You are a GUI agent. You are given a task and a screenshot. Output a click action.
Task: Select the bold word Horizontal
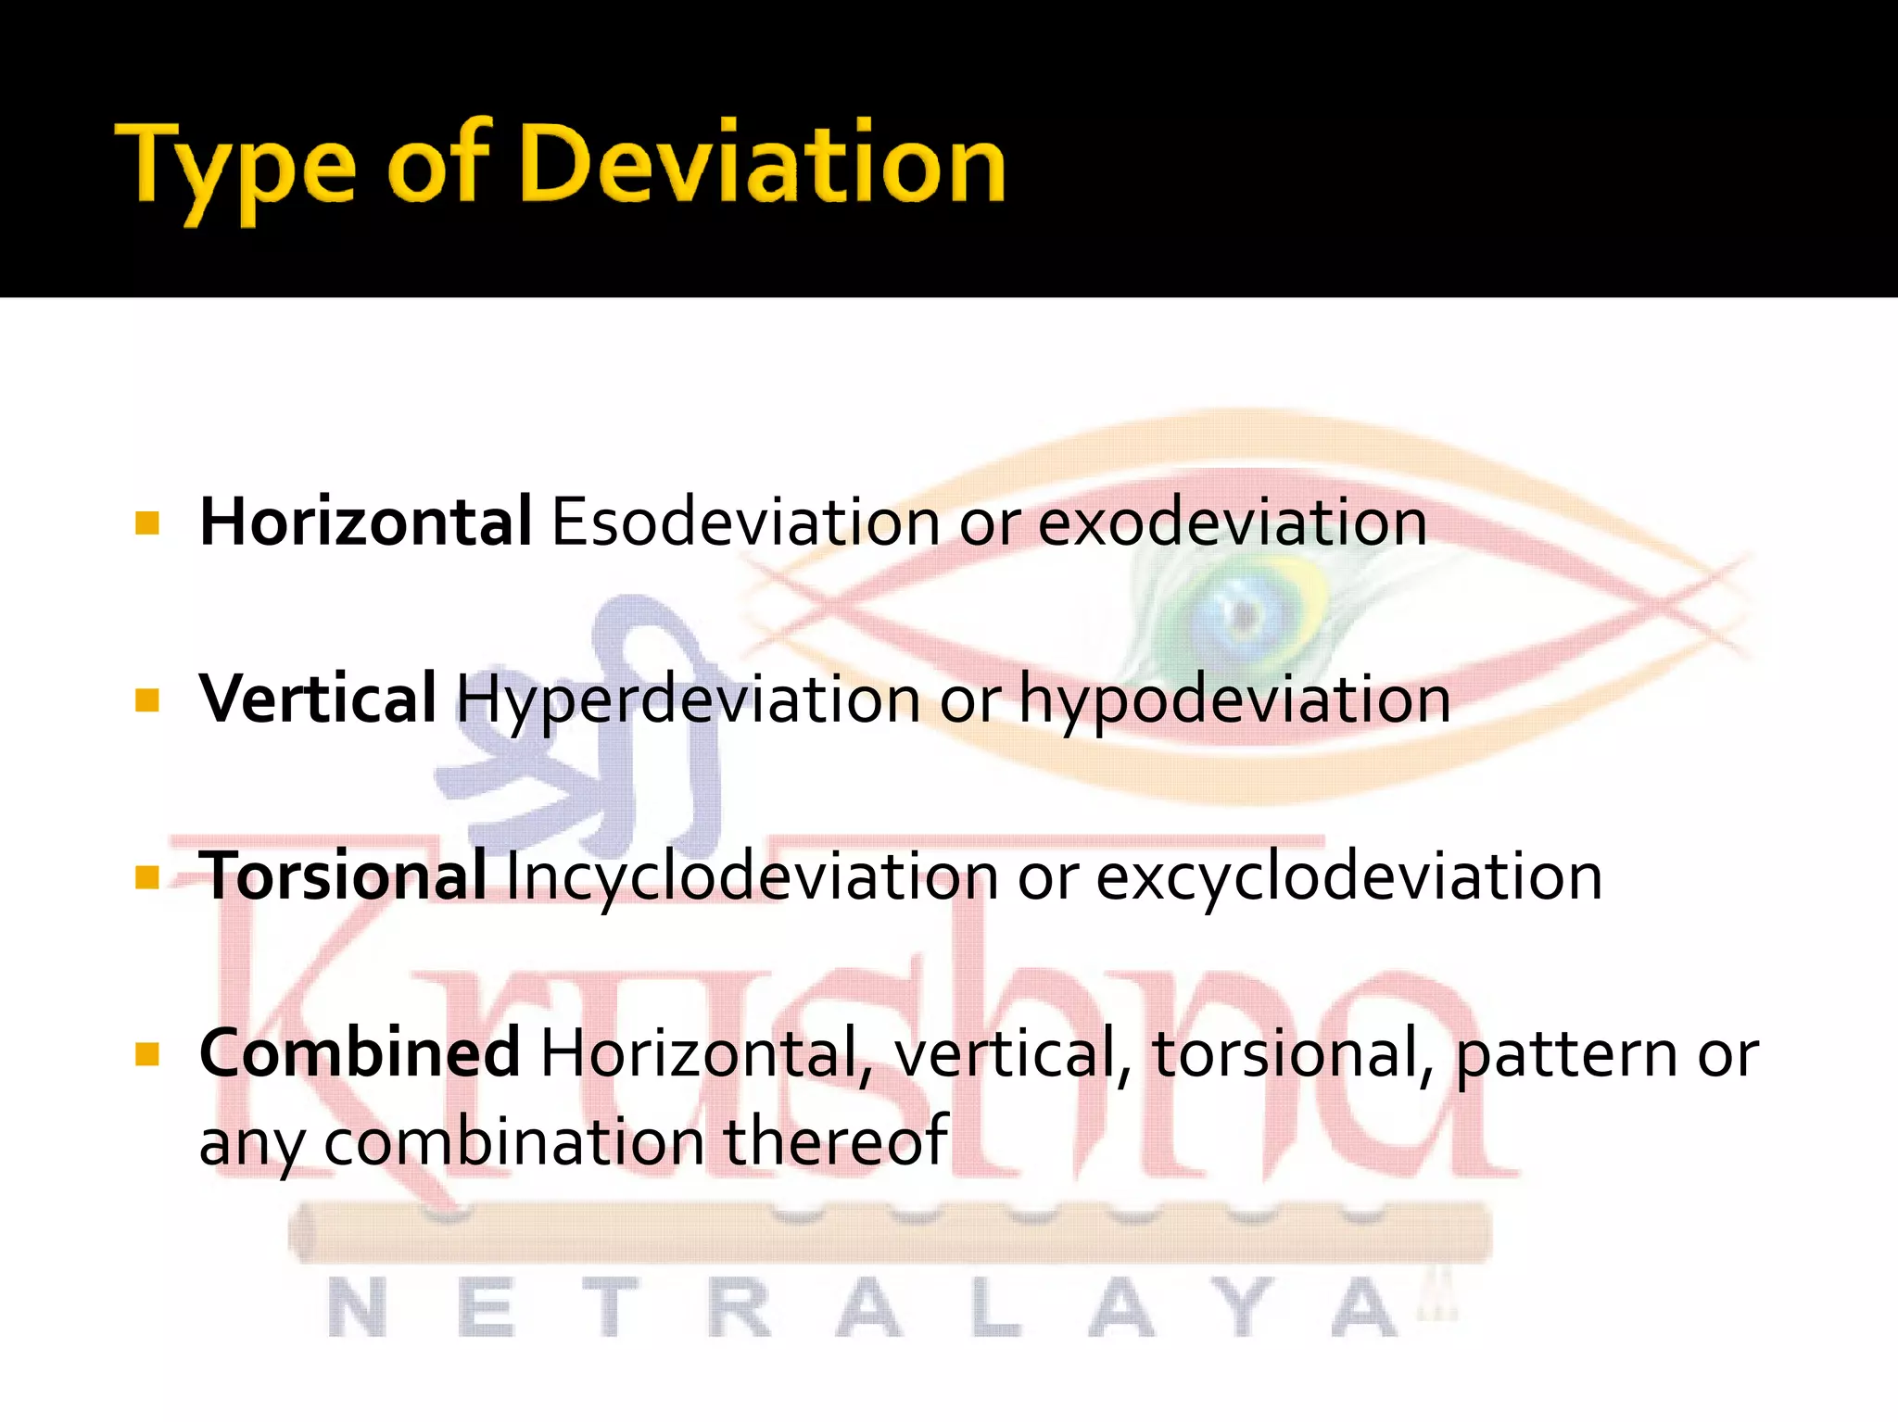[365, 522]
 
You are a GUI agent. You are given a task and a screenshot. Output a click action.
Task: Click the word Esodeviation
[746, 522]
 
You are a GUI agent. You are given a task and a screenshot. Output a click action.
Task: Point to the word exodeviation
[1232, 522]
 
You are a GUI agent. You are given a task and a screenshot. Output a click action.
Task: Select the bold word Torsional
[342, 876]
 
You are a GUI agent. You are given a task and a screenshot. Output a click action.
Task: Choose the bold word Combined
[359, 1054]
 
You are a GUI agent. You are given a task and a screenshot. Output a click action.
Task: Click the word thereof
[835, 1140]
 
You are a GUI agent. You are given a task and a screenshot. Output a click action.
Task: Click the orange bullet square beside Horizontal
[147, 523]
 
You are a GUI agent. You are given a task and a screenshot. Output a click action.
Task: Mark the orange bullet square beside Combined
[147, 1054]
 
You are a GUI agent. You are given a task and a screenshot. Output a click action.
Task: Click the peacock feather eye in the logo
[1243, 612]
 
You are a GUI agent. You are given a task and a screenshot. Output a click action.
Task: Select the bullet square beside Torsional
[147, 876]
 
